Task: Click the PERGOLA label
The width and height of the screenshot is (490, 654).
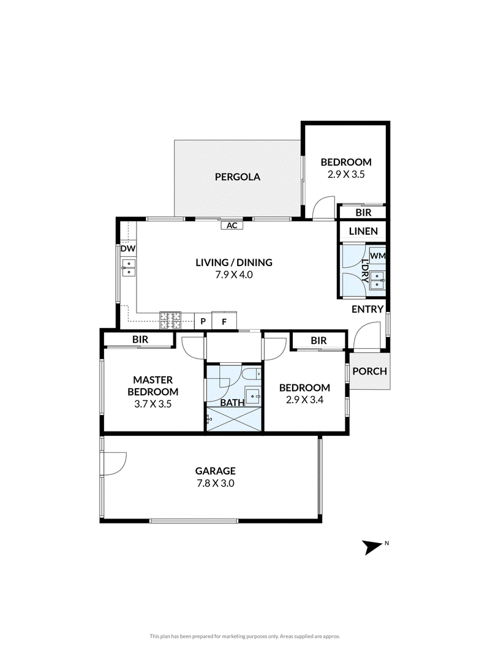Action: tap(238, 177)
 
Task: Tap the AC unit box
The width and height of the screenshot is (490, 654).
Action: tap(232, 226)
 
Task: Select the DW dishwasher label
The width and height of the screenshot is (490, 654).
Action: tap(128, 249)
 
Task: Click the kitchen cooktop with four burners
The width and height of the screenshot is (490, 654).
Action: tap(171, 321)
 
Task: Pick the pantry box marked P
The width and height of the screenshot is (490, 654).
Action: tap(203, 321)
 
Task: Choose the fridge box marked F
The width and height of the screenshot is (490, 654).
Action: tap(224, 321)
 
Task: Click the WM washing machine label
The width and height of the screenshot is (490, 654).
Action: tap(377, 256)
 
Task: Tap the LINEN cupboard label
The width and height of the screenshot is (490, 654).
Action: tap(363, 231)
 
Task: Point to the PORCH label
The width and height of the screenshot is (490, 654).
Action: tap(369, 371)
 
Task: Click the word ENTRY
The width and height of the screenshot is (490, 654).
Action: tap(367, 309)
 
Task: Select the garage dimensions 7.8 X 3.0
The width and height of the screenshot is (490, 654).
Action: tap(216, 484)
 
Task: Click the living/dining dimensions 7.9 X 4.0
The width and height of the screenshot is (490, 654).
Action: tap(234, 275)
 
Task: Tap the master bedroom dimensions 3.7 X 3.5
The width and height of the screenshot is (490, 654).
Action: tap(153, 404)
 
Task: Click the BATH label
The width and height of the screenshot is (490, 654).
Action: tap(232, 403)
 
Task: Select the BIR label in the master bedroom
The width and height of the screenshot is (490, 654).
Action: tap(140, 340)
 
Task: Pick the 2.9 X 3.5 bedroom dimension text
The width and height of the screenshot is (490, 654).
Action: tap(346, 174)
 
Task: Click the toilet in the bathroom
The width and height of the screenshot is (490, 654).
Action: tap(252, 374)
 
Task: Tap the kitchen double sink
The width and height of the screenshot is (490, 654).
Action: tap(129, 267)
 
